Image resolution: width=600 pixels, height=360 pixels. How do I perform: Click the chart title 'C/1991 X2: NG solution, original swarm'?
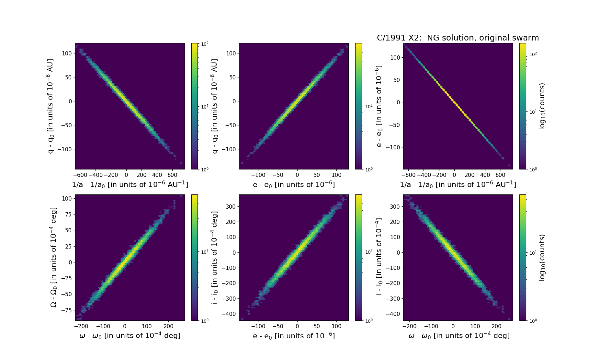(458, 38)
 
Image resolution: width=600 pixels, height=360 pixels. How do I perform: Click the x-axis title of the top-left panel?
(130, 184)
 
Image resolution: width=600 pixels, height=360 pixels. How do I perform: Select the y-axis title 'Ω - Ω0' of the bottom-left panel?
(54, 257)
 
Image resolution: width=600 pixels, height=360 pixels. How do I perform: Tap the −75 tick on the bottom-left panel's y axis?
(66, 310)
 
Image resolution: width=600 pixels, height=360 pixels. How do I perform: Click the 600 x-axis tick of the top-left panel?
(172, 175)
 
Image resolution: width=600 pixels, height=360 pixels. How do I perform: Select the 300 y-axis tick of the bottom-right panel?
(395, 206)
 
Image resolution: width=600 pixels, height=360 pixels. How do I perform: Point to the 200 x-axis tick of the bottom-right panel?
(496, 326)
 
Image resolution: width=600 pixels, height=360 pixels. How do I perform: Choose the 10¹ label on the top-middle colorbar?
(368, 106)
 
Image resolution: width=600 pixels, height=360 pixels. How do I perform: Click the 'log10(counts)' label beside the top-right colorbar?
(542, 106)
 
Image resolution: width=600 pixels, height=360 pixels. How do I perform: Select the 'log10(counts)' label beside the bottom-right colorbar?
(542, 257)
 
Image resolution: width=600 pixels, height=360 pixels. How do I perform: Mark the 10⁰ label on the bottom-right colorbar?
(533, 320)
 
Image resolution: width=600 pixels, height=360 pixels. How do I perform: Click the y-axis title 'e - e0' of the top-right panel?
(379, 106)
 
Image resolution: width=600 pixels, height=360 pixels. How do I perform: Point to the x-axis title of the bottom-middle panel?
(294, 336)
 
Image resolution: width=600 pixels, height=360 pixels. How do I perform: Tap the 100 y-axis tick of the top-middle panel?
(231, 53)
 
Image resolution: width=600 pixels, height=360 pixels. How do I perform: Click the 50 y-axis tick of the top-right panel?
(396, 80)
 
